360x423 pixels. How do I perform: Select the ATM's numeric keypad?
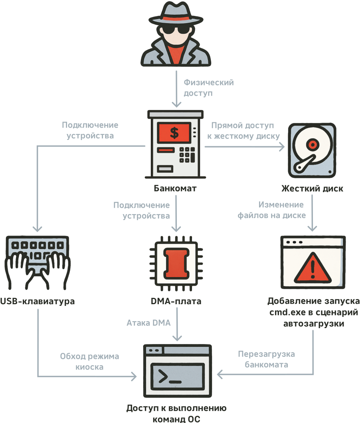tap(186, 154)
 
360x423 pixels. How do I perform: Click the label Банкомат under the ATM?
tap(175, 188)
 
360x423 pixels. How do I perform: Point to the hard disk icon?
tap(312, 150)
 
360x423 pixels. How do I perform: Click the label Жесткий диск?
tap(312, 189)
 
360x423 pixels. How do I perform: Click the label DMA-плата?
tap(175, 301)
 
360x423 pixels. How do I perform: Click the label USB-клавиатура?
tap(38, 301)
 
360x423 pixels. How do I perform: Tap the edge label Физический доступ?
tap(208, 88)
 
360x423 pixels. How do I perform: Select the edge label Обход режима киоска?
tap(90, 362)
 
